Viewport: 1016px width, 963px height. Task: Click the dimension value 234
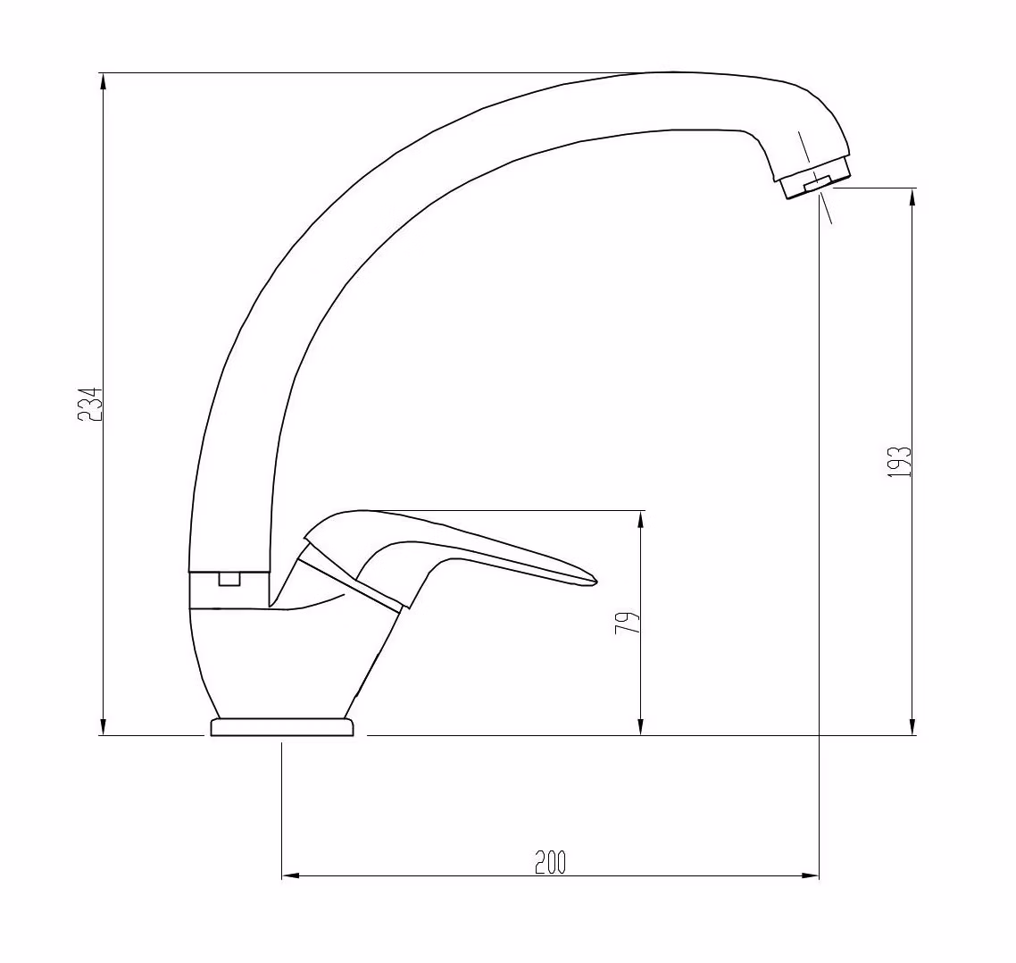(90, 405)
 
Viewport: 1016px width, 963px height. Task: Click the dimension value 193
(899, 462)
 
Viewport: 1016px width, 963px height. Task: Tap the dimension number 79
(628, 623)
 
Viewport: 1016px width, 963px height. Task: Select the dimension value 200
(550, 862)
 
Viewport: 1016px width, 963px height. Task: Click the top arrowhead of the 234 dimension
(103, 81)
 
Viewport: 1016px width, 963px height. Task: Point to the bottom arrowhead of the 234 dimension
(103, 726)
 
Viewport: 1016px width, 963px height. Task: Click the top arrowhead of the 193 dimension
(913, 197)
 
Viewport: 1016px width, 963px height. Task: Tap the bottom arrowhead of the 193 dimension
(913, 726)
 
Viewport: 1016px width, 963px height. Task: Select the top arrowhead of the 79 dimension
(641, 519)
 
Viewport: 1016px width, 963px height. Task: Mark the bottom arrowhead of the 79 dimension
(641, 726)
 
